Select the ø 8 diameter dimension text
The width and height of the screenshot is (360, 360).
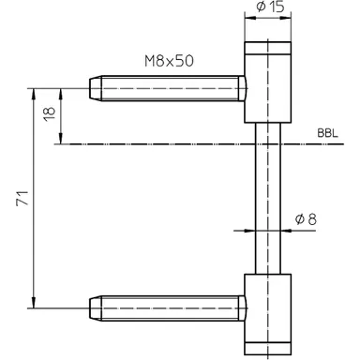coord(305,218)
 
